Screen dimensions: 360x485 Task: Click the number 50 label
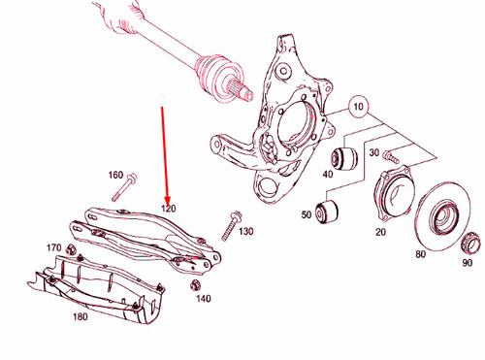click(307, 214)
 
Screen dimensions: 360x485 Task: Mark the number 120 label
click(168, 208)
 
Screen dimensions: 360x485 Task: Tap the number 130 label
click(245, 231)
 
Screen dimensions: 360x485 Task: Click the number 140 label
click(202, 299)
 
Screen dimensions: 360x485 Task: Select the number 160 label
click(115, 176)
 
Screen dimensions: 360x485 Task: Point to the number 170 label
click(54, 248)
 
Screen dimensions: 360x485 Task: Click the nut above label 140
click(197, 284)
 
